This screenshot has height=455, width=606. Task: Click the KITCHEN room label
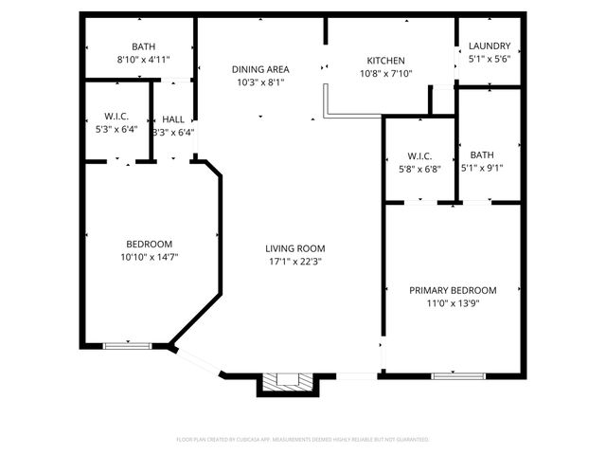tap(385, 61)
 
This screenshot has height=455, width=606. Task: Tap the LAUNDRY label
tap(490, 45)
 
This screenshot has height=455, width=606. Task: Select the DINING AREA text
tap(260, 69)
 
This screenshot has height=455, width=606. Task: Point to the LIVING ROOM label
tap(294, 248)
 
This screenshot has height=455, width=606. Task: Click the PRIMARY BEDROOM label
tap(453, 290)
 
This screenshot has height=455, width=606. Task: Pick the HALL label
tap(173, 119)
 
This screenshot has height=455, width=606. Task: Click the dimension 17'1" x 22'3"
tap(294, 263)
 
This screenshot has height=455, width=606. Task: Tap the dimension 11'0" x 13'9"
tap(453, 304)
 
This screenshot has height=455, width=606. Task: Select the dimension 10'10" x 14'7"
tap(150, 257)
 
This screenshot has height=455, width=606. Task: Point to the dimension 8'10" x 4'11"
tap(143, 60)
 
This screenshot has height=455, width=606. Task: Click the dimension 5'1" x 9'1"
tap(481, 169)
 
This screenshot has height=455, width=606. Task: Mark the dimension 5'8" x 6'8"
tap(419, 170)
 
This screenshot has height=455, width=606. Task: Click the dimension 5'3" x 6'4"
tap(116, 130)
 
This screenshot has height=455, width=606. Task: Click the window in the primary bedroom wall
tap(453, 375)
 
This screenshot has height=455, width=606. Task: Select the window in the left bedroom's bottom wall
tap(127, 345)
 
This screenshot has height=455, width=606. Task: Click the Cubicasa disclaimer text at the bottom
tap(303, 440)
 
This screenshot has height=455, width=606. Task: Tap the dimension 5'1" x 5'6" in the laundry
tap(490, 60)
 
